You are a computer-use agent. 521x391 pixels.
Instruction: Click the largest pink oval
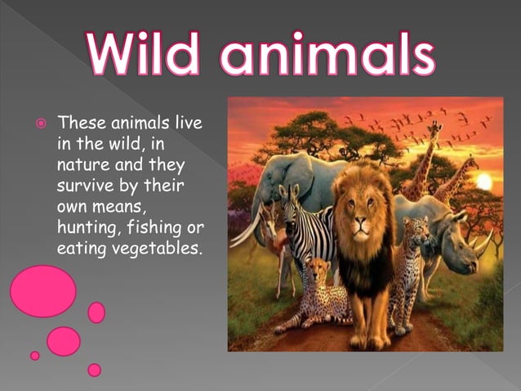(42, 291)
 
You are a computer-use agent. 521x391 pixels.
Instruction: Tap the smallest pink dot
(34, 356)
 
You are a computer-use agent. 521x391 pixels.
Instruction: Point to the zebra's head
(292, 199)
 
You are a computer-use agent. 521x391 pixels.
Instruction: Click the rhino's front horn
(484, 242)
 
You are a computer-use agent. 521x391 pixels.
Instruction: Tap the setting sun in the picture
(483, 181)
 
